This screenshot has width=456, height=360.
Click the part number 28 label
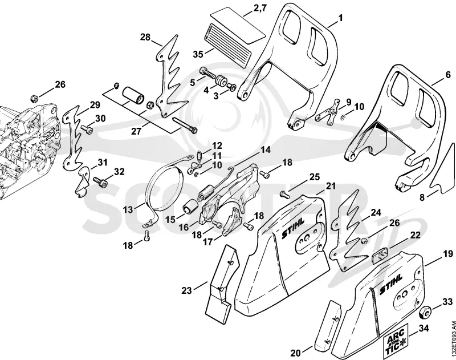pos(145,37)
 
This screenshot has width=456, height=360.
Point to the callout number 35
pos(198,54)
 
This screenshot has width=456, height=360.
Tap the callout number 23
pos(187,290)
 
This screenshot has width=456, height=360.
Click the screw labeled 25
pos(284,194)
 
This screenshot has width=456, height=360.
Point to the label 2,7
pos(260,8)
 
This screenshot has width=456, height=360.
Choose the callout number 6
pos(448,74)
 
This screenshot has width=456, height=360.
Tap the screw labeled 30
pos(87,128)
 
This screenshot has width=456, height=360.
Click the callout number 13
pos(128,209)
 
